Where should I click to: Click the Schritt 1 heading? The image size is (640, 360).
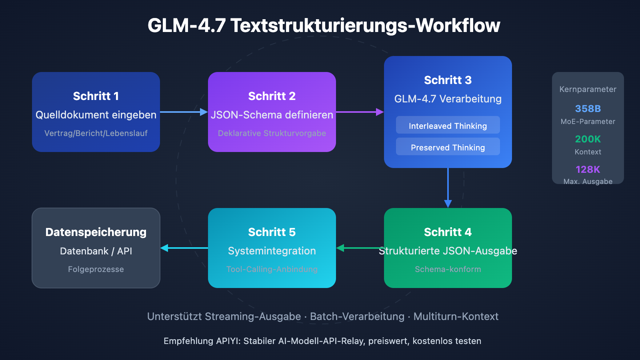96,96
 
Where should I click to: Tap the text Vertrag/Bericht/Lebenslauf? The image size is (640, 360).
96,133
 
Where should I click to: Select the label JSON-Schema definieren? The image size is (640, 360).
272,115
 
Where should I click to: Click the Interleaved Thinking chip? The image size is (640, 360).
448,126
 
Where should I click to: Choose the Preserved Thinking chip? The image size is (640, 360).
448,147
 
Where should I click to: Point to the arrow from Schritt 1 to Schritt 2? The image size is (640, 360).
184,112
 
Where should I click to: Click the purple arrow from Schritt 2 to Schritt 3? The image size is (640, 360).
360,112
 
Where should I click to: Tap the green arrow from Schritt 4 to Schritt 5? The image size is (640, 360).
360,248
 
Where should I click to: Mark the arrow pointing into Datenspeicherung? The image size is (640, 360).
184,248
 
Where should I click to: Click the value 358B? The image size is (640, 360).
588,109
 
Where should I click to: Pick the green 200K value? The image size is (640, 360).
588,139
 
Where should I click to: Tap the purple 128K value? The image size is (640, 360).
588,170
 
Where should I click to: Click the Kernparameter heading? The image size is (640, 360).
588,89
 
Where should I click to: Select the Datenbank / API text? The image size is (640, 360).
96,251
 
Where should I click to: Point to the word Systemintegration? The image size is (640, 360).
272,251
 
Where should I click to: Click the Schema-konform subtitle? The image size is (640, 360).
448,269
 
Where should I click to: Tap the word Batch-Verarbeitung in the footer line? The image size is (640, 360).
357,316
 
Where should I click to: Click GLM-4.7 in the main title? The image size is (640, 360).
186,26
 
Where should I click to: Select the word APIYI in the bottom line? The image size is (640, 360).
228,341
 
